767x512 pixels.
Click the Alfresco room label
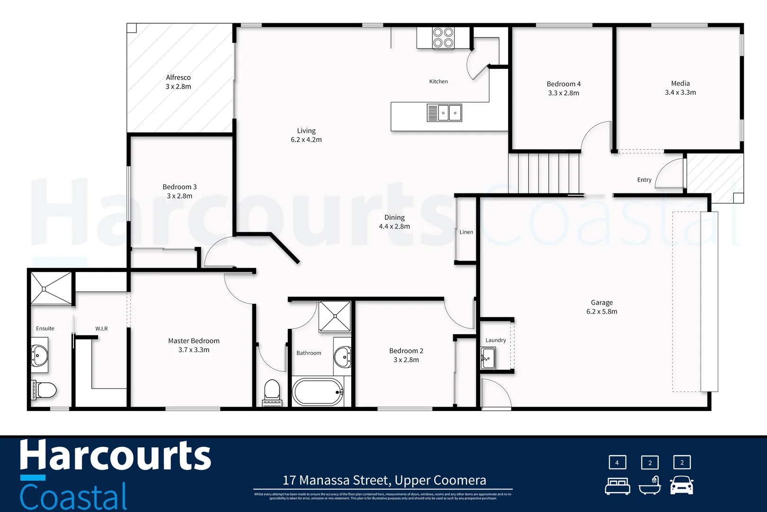[x=178, y=77]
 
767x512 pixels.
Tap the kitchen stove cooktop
[x=443, y=38]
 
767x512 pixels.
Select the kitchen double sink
[x=444, y=113]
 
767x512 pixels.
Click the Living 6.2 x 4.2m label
[x=306, y=135]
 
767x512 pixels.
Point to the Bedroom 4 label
[x=563, y=84]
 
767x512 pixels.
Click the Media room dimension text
[x=680, y=92]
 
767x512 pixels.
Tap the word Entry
[x=644, y=180]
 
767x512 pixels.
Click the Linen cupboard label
[x=466, y=232]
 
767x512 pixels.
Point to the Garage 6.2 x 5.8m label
[x=601, y=307]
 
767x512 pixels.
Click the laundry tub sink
[x=488, y=358]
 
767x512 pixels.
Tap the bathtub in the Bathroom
[x=318, y=392]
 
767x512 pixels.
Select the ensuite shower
[x=51, y=288]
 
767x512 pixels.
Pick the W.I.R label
[x=101, y=329]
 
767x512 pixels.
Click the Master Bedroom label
[x=194, y=341]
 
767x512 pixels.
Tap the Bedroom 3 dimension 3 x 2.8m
[x=179, y=196]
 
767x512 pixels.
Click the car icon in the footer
[x=681, y=485]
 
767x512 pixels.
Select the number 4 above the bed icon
[x=617, y=462]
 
